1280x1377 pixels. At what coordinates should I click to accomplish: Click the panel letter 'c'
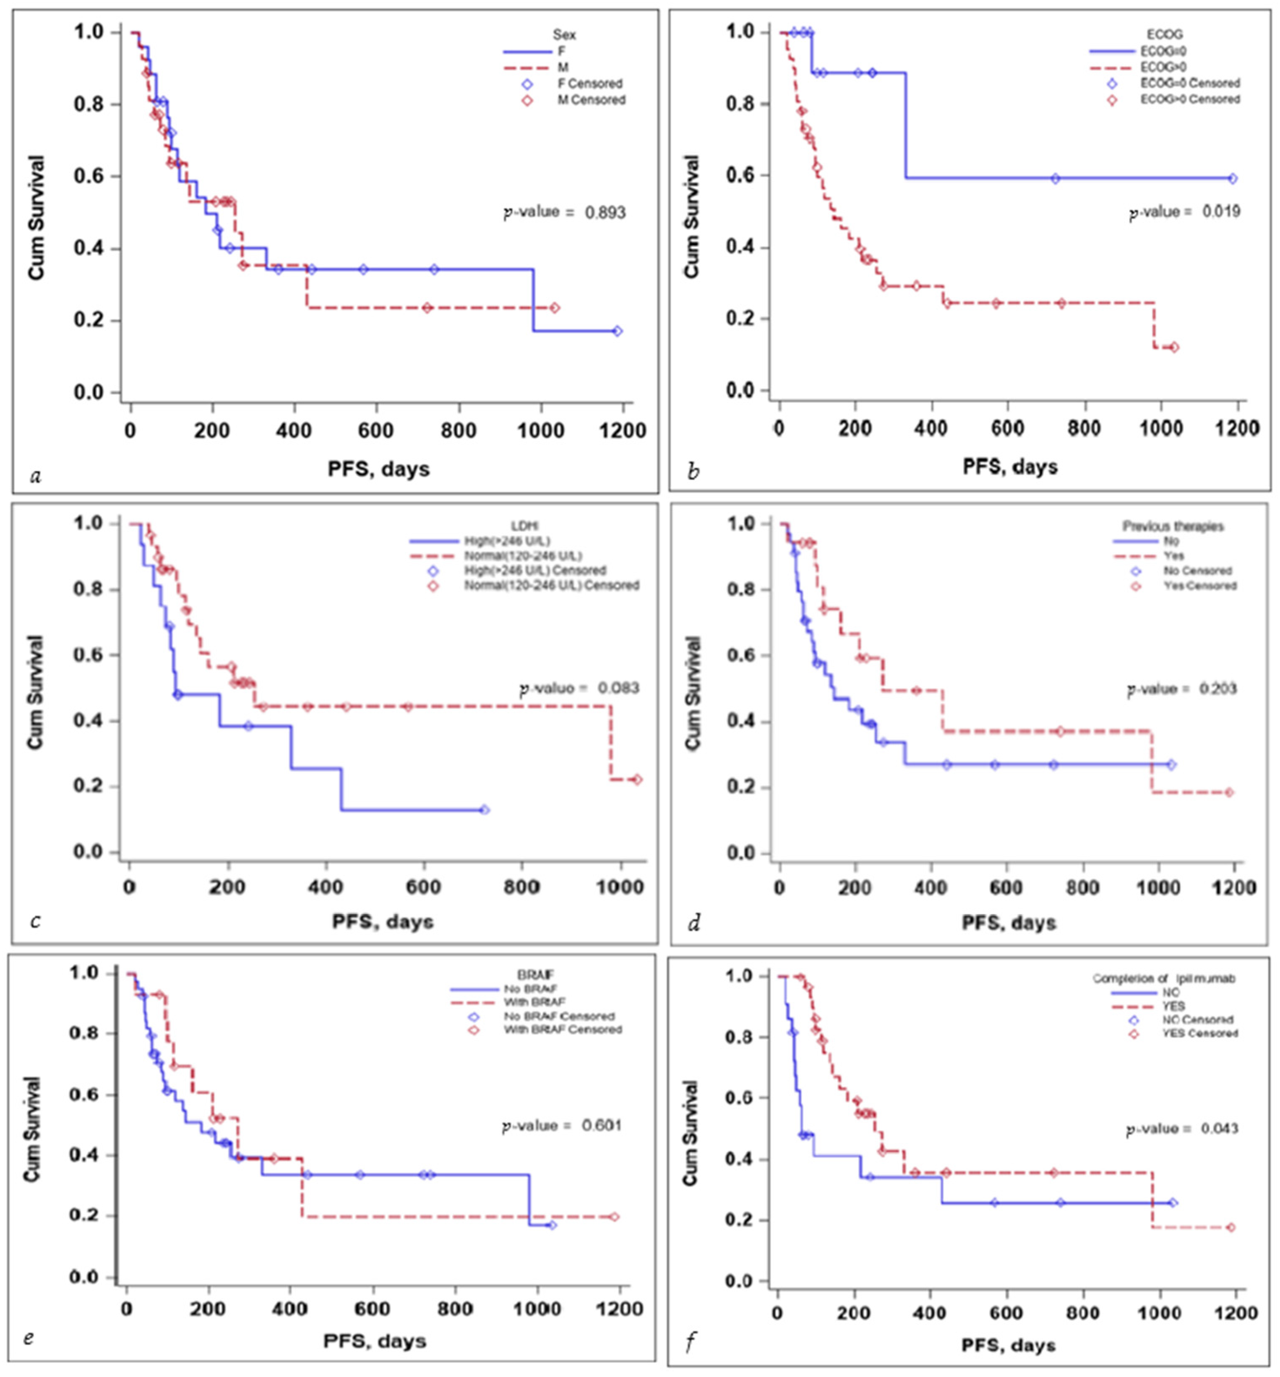35,921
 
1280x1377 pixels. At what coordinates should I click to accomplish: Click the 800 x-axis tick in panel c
521,887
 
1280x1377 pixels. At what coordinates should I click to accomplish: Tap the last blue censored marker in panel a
617,331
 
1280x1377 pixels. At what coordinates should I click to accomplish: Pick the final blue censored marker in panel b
1233,179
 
